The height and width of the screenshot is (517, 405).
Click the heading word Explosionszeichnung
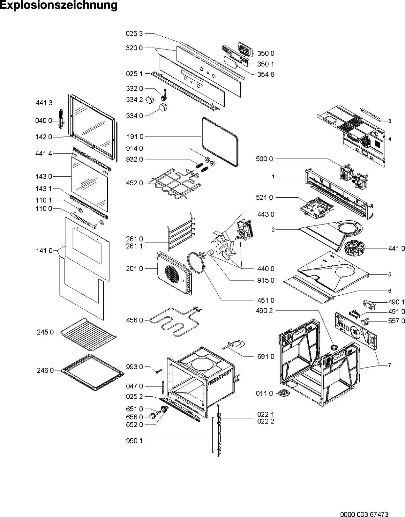pos(59,6)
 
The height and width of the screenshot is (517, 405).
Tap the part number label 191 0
pos(135,137)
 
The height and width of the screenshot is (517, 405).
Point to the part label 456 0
pos(135,320)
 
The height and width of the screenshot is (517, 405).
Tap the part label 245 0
pos(45,332)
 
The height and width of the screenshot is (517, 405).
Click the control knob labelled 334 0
pos(163,108)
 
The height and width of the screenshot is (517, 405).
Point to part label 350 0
pos(266,54)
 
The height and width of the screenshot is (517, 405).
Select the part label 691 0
pos(266,356)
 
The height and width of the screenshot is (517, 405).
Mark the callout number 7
pos(390,365)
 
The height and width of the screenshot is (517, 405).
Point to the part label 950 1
pos(135,441)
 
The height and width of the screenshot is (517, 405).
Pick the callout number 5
pos(390,274)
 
